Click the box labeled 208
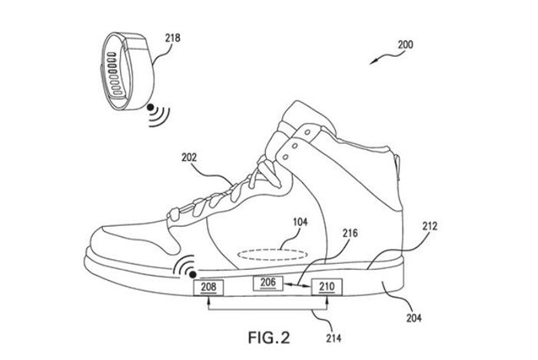[x=208, y=287]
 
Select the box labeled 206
[x=268, y=283]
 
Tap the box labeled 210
[x=327, y=287]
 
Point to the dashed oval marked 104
[x=271, y=255]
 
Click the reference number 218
[x=173, y=38]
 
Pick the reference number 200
[x=406, y=45]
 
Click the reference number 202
[x=189, y=158]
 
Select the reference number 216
[x=350, y=233]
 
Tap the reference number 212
[x=430, y=226]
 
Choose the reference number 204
[x=413, y=318]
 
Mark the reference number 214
[x=334, y=338]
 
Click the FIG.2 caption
[x=269, y=338]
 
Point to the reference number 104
[x=301, y=222]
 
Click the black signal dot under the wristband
[x=150, y=108]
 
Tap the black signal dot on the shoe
[x=193, y=275]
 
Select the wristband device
[x=129, y=71]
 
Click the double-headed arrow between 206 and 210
[x=297, y=285]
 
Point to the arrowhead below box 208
[x=208, y=299]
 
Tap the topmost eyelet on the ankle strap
[x=307, y=132]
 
